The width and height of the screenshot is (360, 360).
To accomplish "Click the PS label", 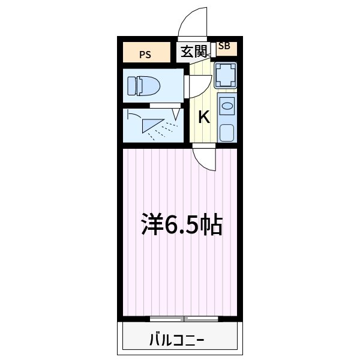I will pos(145,55).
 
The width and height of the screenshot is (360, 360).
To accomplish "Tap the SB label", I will pos(224,46).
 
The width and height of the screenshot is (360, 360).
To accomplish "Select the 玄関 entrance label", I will pos(193,52).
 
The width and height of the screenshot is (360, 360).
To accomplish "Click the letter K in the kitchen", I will pos(204,117).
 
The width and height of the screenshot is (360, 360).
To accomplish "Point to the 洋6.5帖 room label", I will pos(182,225).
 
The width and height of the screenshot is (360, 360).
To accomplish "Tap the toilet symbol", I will pos(145,85).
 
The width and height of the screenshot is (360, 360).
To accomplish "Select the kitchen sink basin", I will pos(227,107).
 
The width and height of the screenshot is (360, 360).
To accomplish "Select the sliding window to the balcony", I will pos(183,318).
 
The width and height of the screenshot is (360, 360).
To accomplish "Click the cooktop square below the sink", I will pos(227,132).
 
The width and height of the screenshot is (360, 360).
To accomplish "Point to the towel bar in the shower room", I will pos(133,115).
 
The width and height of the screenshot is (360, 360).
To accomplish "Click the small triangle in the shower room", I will pos(176,113).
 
